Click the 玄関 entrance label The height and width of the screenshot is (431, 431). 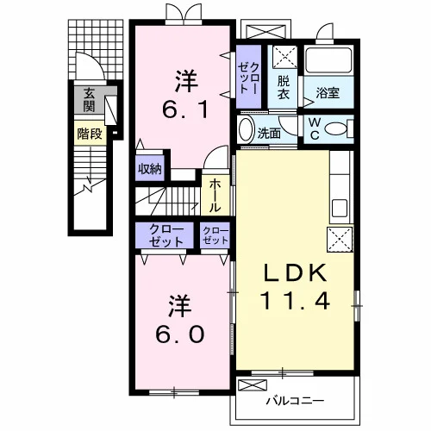(90, 100)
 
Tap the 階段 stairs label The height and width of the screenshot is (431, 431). (90, 134)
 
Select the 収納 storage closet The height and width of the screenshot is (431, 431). (150, 169)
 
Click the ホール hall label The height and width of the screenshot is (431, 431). (215, 196)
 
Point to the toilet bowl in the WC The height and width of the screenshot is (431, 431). (335, 128)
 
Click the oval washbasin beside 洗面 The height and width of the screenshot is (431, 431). (247, 130)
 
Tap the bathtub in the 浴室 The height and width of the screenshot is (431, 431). (328, 60)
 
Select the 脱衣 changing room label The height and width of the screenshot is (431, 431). (284, 87)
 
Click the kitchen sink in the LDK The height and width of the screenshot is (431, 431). (340, 208)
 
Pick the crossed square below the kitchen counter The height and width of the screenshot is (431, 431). (340, 240)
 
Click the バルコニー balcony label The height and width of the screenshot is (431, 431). (295, 401)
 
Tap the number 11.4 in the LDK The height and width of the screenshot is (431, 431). (295, 301)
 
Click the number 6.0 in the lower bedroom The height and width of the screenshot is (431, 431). (180, 334)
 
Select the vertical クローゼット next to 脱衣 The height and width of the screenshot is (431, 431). (249, 77)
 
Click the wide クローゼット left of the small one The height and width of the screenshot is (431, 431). (165, 235)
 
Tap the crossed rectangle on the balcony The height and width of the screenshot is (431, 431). (253, 385)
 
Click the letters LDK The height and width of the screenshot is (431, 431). (296, 272)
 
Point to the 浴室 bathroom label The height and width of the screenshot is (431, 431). (328, 92)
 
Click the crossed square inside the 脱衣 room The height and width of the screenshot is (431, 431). (284, 57)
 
